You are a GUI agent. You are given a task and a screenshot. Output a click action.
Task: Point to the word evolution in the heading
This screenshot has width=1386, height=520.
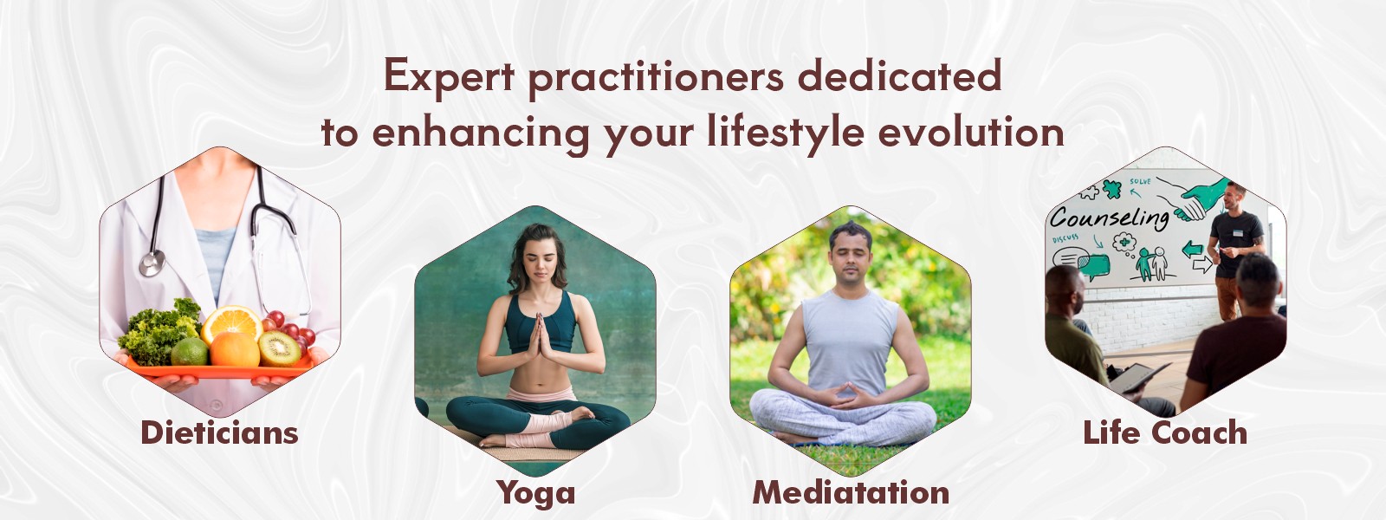tap(971, 131)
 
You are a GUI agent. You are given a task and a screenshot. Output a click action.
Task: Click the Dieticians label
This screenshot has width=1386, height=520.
tap(220, 432)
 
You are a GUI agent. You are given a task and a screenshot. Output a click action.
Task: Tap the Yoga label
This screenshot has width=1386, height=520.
tap(536, 494)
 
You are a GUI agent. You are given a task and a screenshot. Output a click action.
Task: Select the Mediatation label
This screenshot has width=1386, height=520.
tap(851, 493)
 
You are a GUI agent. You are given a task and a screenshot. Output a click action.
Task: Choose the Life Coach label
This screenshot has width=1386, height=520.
tap(1165, 432)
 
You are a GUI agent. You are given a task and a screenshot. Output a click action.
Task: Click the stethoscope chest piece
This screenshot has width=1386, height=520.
tap(152, 263)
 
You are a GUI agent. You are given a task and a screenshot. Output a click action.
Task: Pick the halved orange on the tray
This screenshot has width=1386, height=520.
tap(232, 323)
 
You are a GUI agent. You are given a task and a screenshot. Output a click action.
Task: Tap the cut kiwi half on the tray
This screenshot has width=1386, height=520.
tap(280, 348)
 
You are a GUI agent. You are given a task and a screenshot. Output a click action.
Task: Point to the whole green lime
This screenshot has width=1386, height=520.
tap(190, 352)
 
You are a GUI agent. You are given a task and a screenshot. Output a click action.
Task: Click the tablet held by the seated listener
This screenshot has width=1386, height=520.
tap(1138, 377)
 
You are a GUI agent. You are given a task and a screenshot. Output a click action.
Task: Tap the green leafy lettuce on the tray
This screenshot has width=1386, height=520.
tap(159, 332)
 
